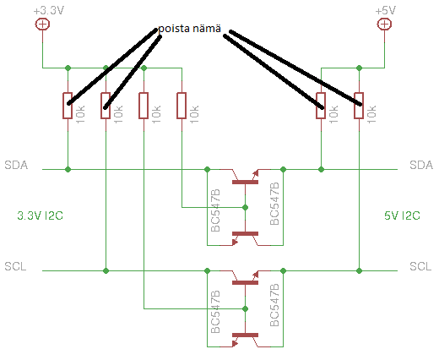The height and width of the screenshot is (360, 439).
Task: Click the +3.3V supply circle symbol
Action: pyautogui.click(x=42, y=25)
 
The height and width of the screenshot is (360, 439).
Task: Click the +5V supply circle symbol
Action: pyautogui.click(x=384, y=25)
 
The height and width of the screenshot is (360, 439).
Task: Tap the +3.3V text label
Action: pyautogui.click(x=49, y=11)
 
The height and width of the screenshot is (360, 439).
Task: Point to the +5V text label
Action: pyautogui.click(x=385, y=11)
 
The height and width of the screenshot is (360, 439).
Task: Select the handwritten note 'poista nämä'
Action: pyautogui.click(x=189, y=29)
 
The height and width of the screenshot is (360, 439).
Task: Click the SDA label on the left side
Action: pyautogui.click(x=16, y=165)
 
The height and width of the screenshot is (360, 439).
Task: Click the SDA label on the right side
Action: pyautogui.click(x=421, y=165)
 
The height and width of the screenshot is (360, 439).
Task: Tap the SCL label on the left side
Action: pyautogui.click(x=15, y=266)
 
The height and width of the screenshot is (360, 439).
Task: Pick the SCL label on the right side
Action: pyautogui.click(x=420, y=266)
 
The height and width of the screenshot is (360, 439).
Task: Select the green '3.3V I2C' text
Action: pyautogui.click(x=40, y=215)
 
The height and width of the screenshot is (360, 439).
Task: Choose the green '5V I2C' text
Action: pyautogui.click(x=402, y=215)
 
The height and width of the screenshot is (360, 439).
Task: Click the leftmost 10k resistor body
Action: pyautogui.click(x=68, y=106)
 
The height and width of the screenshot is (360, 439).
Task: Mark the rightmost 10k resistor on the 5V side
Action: pyautogui.click(x=359, y=106)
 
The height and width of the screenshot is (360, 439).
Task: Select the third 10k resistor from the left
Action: pyautogui.click(x=144, y=106)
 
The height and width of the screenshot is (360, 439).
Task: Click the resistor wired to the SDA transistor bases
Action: pyautogui.click(x=182, y=106)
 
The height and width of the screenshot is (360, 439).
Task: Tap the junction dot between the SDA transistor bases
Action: pyautogui.click(x=245, y=208)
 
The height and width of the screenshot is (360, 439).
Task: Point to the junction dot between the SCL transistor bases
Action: pyautogui.click(x=245, y=309)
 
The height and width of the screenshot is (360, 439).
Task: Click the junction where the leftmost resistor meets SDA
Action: pyautogui.click(x=68, y=169)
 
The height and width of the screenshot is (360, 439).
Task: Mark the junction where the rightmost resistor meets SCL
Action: pyautogui.click(x=359, y=270)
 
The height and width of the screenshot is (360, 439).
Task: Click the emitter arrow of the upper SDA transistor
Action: pyautogui.click(x=256, y=173)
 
